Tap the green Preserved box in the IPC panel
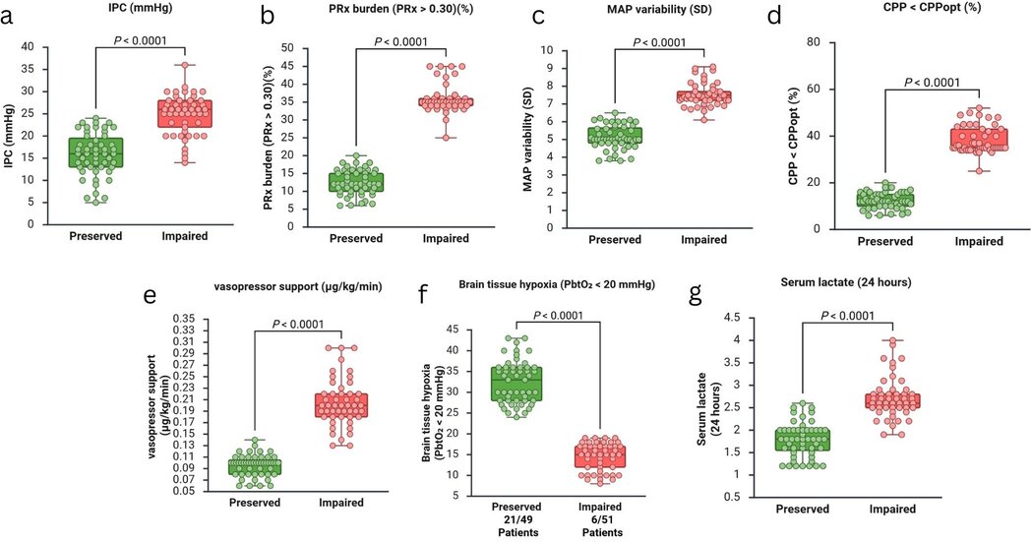click(94, 151)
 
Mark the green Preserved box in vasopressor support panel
click(255, 466)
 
